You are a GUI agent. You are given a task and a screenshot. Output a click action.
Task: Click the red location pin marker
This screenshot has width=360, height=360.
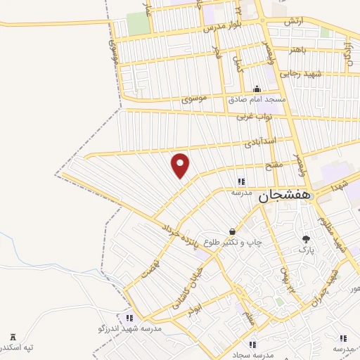point(181,165)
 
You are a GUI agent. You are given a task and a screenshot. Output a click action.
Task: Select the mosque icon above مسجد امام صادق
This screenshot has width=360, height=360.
point(257,89)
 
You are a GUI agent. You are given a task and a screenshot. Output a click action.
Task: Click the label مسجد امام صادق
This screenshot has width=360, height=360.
point(257,99)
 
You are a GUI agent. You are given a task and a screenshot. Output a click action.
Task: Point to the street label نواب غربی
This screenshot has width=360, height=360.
point(253,115)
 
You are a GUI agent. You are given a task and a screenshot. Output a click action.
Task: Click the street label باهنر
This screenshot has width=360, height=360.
point(290,50)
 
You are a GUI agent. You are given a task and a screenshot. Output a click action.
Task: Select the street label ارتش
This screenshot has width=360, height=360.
point(293,22)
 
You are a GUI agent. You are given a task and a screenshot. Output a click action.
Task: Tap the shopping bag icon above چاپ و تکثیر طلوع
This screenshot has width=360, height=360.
point(232,231)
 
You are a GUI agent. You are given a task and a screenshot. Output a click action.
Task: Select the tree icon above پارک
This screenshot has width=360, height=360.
point(306,239)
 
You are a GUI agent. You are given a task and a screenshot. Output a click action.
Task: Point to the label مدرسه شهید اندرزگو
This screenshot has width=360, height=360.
point(129,328)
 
